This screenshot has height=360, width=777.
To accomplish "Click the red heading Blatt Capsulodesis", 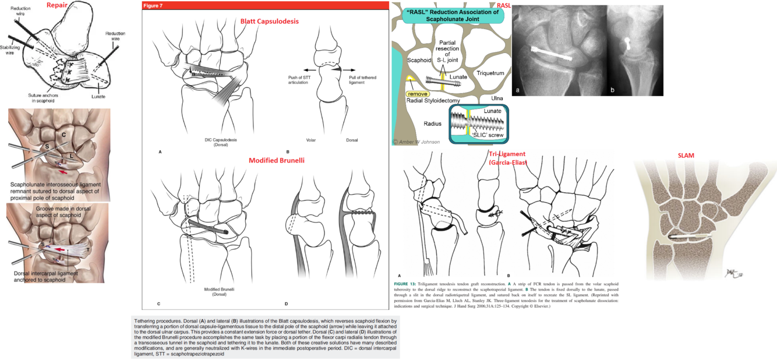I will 269,22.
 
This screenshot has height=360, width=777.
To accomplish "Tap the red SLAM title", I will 686,156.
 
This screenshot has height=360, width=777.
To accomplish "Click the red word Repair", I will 57,6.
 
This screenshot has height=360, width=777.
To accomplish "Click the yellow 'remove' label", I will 418,93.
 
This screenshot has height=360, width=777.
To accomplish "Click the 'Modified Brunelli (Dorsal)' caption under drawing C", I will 219,292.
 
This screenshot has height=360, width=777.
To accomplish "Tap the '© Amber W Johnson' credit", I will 416,142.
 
